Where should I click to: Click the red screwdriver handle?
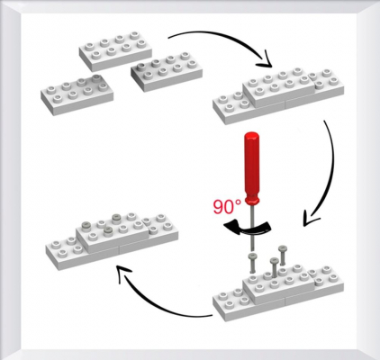(251, 168)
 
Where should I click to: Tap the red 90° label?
(227, 206)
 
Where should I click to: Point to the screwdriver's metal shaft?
(251, 228)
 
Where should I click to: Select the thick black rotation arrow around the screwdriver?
(247, 229)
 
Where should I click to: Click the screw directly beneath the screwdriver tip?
(251, 263)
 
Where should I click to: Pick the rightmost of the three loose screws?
(283, 255)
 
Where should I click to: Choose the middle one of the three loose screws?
(274, 267)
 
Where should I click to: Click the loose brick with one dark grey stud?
(77, 94)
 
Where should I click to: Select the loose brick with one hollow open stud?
(167, 72)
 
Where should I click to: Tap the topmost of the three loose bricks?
(115, 51)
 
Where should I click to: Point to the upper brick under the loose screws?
(278, 283)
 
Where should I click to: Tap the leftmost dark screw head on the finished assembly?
(86, 225)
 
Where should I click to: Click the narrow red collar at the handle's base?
(251, 200)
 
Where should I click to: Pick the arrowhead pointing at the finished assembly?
(123, 272)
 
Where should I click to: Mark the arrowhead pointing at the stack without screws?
(264, 60)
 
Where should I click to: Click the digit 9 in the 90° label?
(219, 207)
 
